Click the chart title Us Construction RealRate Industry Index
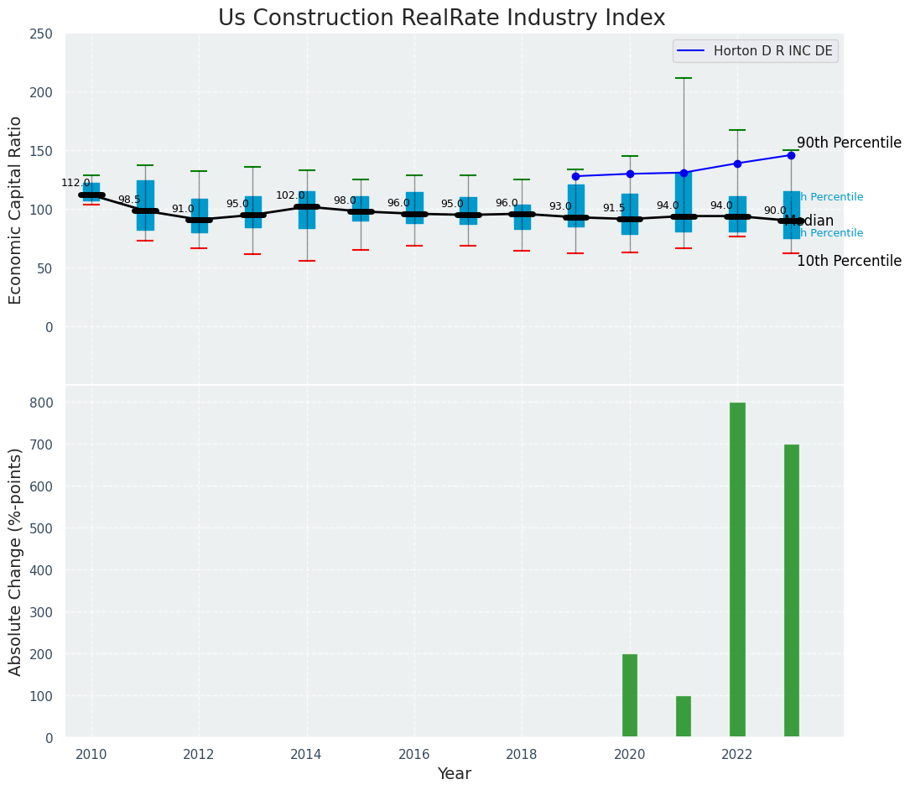coord(441,18)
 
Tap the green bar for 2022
coord(737,569)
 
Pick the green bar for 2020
coord(630,695)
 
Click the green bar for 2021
coord(684,716)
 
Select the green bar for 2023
coord(791,590)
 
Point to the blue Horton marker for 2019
coord(575,176)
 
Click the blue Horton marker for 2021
coord(684,173)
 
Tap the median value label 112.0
coord(75,183)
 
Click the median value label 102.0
coord(290,195)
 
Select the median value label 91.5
coord(613,208)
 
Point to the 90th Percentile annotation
coord(849,143)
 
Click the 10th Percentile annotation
coord(849,261)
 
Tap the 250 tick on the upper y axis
coord(41,34)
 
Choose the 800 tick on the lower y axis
coord(41,403)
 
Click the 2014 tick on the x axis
coord(307,754)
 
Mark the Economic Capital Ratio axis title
coord(16,210)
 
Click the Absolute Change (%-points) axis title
coord(16,561)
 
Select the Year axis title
coord(455,774)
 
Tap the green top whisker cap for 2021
coord(684,78)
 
